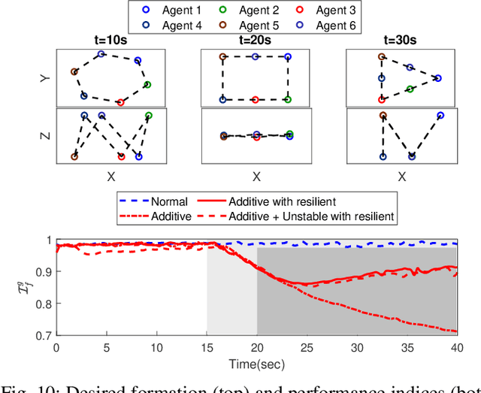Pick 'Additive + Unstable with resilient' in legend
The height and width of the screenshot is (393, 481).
click(315, 216)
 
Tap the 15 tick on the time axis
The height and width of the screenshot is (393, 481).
click(207, 347)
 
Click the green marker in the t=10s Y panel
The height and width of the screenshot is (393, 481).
click(147, 85)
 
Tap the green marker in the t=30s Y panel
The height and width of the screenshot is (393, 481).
click(410, 89)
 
